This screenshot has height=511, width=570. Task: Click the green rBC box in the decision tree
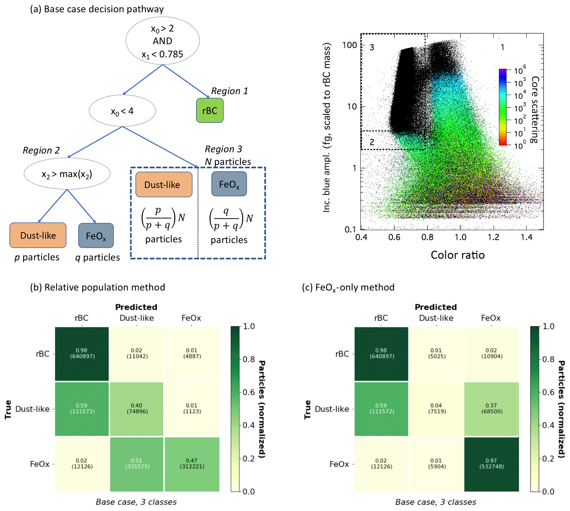point(210,110)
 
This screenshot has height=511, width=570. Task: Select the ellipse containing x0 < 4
point(122,111)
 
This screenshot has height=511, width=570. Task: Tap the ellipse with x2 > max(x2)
point(67,174)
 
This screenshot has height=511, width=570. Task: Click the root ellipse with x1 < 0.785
point(162,41)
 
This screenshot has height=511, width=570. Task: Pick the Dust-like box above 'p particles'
point(38,235)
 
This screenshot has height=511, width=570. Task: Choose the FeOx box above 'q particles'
point(96,236)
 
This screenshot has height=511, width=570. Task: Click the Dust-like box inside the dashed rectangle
point(164,184)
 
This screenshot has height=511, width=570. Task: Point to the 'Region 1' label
point(229,91)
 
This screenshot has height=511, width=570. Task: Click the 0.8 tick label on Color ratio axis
point(427,237)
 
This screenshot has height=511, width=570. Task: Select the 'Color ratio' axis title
point(457,255)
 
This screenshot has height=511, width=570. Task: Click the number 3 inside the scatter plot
point(372,47)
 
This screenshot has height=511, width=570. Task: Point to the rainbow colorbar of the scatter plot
point(503,107)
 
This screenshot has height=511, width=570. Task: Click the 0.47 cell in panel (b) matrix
point(192,464)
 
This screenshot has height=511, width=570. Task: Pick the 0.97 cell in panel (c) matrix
point(491,464)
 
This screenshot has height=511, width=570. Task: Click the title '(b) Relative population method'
point(98,287)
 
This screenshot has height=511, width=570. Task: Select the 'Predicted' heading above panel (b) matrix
point(136,307)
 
